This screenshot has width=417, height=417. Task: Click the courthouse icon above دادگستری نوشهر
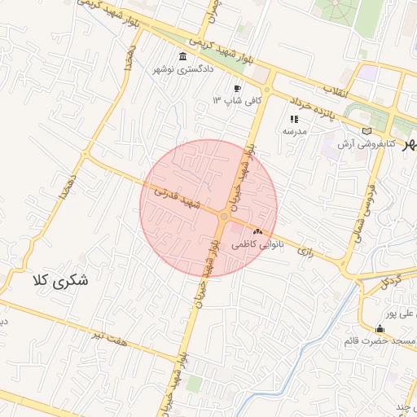(x=181, y=57)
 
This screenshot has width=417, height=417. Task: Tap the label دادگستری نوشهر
(x=184, y=69)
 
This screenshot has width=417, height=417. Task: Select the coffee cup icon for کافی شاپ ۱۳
(x=237, y=88)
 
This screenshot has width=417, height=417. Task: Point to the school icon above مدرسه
(x=294, y=119)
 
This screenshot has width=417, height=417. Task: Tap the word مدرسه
(x=294, y=130)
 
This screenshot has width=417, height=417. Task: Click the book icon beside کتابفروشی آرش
(x=367, y=130)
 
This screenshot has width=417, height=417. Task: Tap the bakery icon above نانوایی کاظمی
(x=258, y=232)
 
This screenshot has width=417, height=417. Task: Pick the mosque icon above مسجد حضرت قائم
(x=380, y=329)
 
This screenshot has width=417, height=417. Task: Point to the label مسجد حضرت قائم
(x=383, y=340)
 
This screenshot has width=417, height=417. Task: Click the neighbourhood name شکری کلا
(x=59, y=282)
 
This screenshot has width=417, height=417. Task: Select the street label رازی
(x=305, y=252)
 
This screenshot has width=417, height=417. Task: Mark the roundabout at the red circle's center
(x=224, y=217)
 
